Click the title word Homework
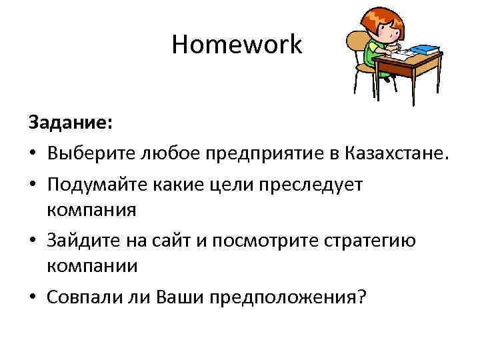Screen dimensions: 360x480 click(237, 45)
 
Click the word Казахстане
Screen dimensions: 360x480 click(399, 155)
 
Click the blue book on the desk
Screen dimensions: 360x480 click(425, 50)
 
